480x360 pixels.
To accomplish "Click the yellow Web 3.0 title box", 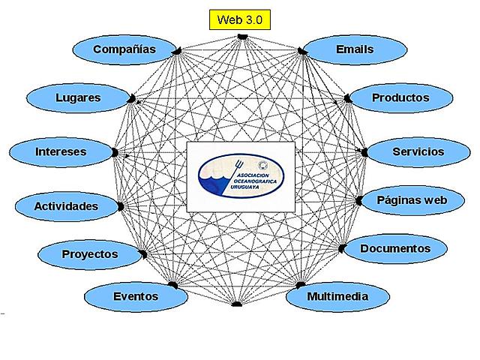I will (x=238, y=19).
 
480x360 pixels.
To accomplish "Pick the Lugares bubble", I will (x=78, y=97).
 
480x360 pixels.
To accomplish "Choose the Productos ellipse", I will (x=400, y=97).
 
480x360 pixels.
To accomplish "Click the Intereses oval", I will (x=61, y=151).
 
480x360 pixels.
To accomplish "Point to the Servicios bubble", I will (x=418, y=151).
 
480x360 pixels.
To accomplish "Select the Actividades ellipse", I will (x=66, y=205).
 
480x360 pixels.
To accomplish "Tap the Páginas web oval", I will (x=411, y=200).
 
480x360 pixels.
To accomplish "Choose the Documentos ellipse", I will (x=394, y=248).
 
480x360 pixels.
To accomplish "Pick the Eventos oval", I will (x=135, y=296).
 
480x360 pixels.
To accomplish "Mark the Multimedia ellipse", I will (x=337, y=296).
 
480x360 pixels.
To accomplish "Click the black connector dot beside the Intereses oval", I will (x=115, y=151).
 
